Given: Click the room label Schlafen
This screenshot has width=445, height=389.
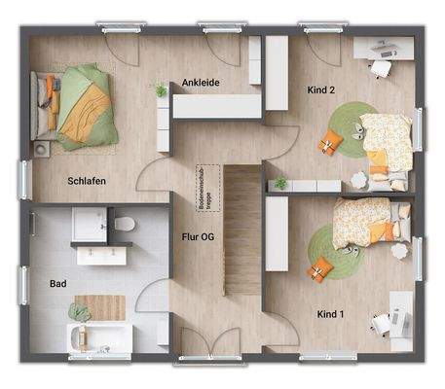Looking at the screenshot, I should pyautogui.click(x=87, y=181).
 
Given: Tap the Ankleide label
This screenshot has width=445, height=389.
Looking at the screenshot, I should pyautogui.click(x=202, y=83).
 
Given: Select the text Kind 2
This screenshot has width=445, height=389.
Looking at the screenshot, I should pyautogui.click(x=320, y=89).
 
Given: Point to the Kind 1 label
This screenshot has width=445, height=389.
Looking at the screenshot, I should pyautogui.click(x=332, y=314).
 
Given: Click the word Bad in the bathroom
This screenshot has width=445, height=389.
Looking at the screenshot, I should pyautogui.click(x=58, y=285).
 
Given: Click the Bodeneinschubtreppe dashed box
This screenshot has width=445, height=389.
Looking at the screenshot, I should pyautogui.click(x=204, y=188).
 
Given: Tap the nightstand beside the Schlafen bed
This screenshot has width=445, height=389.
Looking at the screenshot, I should pyautogui.click(x=43, y=149).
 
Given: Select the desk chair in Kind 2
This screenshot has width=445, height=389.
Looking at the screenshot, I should pyautogui.click(x=379, y=67).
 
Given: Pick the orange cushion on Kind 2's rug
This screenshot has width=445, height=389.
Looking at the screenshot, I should pyautogui.click(x=329, y=144).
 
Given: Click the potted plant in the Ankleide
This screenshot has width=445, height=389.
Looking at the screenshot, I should pyautogui.click(x=161, y=90).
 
